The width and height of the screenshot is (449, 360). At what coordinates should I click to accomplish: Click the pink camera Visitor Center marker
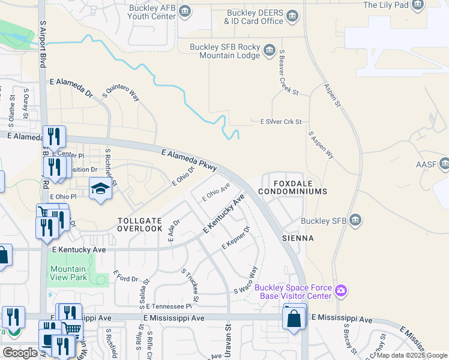[341, 292]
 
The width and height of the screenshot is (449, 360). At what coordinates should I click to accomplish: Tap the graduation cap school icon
[101, 189]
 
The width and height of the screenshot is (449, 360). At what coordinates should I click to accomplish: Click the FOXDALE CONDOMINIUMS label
[293, 187]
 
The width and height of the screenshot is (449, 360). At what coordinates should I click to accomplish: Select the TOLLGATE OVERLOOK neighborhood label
[140, 224]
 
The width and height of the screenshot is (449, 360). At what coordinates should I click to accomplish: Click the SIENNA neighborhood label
[298, 238]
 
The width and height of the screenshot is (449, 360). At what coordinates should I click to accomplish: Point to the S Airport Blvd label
[43, 42]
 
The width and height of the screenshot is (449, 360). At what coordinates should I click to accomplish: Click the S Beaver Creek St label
[288, 73]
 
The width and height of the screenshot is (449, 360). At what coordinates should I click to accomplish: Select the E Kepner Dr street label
[235, 238]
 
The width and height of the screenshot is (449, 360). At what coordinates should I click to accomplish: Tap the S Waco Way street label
[246, 280]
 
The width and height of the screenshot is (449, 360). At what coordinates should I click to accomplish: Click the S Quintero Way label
[121, 91]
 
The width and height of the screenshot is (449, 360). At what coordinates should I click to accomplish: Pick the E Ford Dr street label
[125, 278]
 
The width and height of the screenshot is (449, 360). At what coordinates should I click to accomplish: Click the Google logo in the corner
[20, 353]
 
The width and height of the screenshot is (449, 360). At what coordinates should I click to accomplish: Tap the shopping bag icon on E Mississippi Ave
[294, 318]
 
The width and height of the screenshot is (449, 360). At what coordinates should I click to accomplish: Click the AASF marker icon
[444, 163]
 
